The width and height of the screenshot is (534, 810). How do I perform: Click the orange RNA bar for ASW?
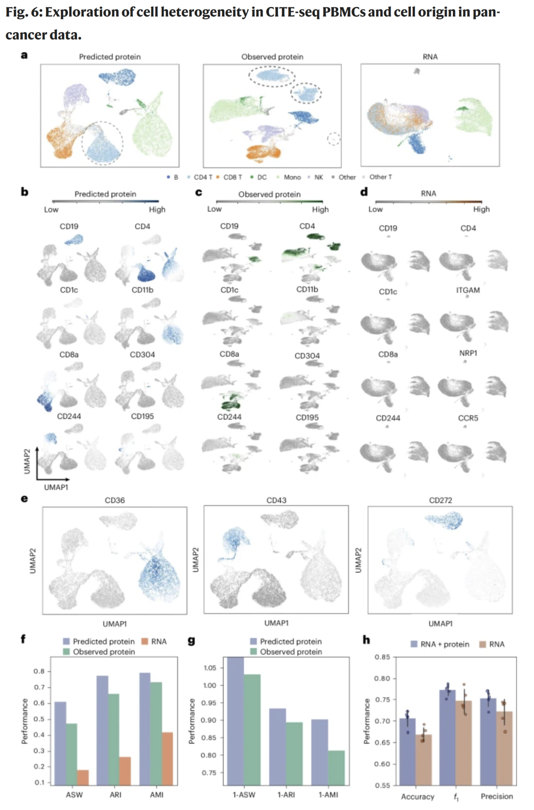83,777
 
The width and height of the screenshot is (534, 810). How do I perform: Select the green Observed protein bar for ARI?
114,739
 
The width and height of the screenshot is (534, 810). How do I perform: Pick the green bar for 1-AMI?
336,767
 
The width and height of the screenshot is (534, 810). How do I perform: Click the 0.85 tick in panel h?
382,657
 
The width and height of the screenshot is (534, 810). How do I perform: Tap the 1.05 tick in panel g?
210,668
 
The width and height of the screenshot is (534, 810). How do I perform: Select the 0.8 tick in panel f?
39,671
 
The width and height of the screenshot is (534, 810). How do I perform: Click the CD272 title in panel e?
440,500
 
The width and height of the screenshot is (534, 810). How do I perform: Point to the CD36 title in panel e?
115,500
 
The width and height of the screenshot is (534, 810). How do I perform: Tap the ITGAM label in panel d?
468,290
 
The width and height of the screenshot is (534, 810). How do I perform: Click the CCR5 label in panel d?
468,418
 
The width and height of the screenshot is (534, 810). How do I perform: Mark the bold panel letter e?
24,499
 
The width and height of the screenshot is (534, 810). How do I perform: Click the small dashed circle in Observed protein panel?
334,139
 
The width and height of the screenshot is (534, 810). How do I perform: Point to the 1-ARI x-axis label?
286,795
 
